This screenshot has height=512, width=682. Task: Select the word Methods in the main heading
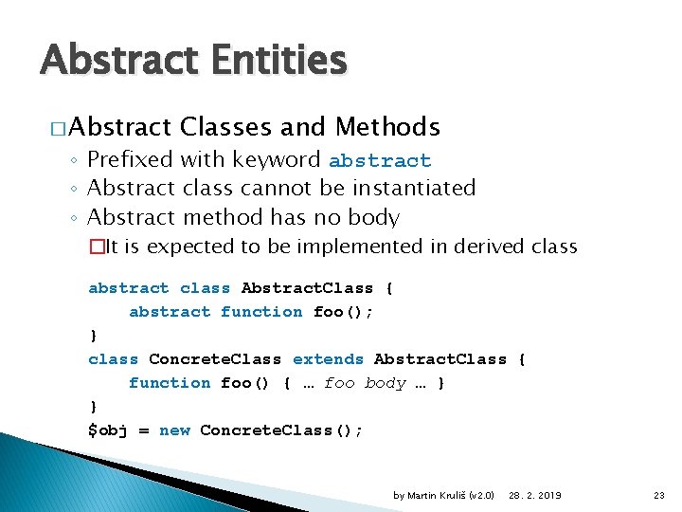[388, 127]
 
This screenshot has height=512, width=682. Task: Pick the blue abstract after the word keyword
[380, 161]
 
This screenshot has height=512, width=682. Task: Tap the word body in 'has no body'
[373, 218]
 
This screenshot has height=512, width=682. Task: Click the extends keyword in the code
[328, 359]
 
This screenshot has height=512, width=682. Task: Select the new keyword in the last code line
[174, 430]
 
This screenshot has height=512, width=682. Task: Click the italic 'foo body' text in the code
[365, 383]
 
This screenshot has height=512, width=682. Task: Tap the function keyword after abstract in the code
[261, 312]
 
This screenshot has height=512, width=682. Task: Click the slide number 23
[659, 495]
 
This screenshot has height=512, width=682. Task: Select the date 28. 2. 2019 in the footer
[535, 495]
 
